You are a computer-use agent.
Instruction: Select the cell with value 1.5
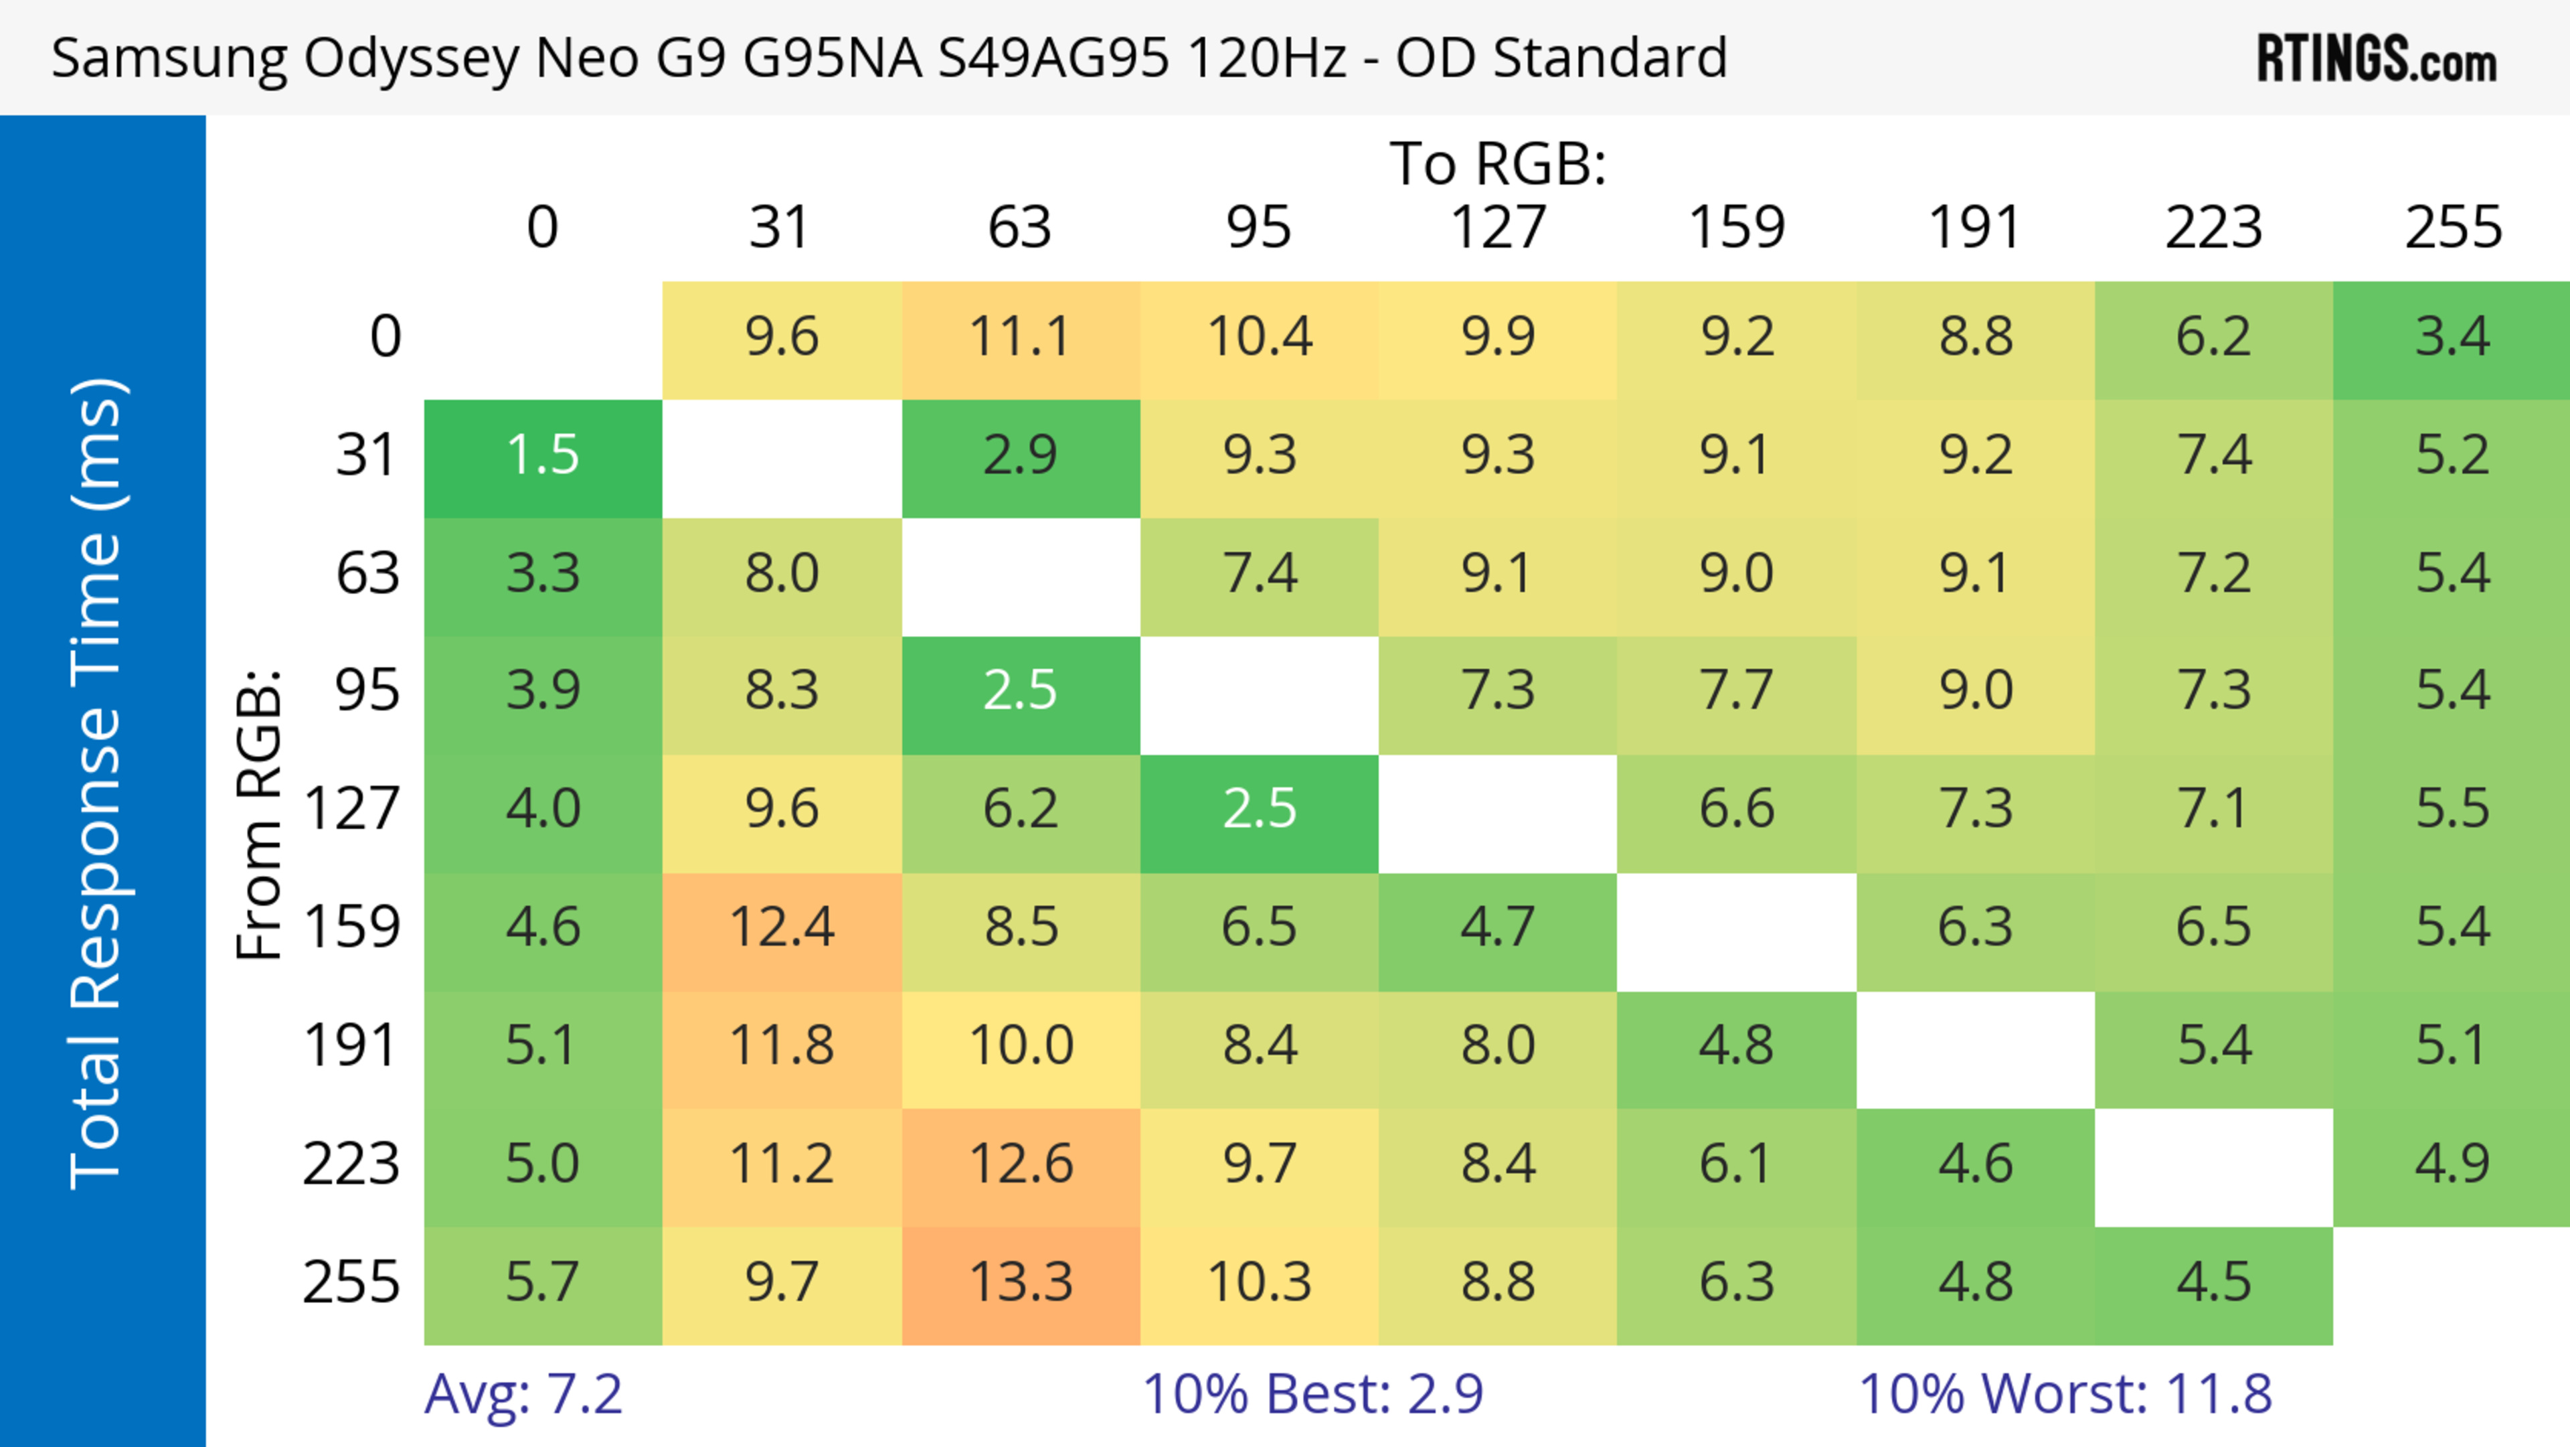[x=543, y=456]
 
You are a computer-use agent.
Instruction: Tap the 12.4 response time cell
[x=781, y=928]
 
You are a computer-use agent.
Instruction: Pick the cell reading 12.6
[x=1021, y=1164]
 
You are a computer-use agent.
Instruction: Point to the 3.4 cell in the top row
[x=2452, y=337]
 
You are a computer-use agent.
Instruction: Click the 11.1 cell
[x=1021, y=337]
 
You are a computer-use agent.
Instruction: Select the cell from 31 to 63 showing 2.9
[x=1021, y=456]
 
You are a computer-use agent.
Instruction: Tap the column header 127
[x=1498, y=228]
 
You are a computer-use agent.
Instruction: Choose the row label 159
[x=352, y=928]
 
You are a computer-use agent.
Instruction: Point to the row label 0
[x=385, y=337]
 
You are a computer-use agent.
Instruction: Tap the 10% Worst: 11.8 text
[x=2065, y=1394]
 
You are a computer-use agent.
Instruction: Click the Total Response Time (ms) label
[x=97, y=783]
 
